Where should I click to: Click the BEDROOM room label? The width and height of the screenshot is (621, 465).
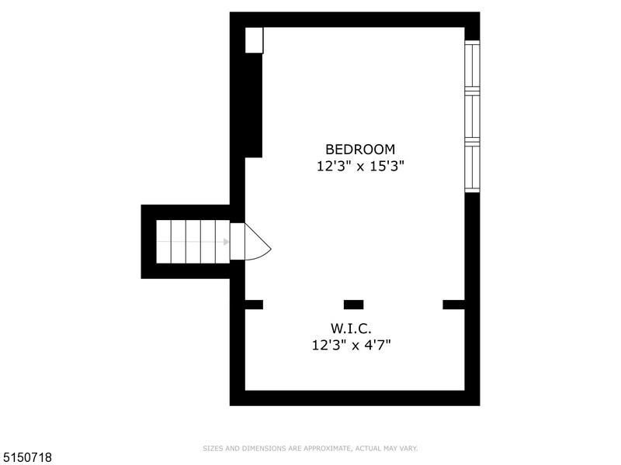click(359, 149)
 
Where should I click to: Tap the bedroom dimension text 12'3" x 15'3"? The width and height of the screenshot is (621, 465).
click(359, 165)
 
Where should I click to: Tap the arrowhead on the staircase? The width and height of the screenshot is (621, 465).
click(226, 242)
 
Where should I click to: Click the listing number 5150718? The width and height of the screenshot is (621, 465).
click(27, 458)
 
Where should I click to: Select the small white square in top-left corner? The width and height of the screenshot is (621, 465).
click(254, 40)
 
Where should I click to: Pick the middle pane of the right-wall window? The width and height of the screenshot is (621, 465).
click(472, 117)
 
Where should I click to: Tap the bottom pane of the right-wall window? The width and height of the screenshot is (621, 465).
click(472, 167)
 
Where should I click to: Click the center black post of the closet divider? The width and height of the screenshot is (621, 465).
click(353, 305)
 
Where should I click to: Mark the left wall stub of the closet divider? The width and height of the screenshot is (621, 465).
click(254, 305)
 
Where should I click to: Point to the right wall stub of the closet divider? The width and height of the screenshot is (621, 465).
click(453, 305)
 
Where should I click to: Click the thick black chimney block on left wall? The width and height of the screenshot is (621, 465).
click(254, 105)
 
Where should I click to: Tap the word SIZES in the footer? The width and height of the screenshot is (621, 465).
click(211, 448)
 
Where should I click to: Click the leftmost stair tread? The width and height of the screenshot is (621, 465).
click(164, 242)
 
